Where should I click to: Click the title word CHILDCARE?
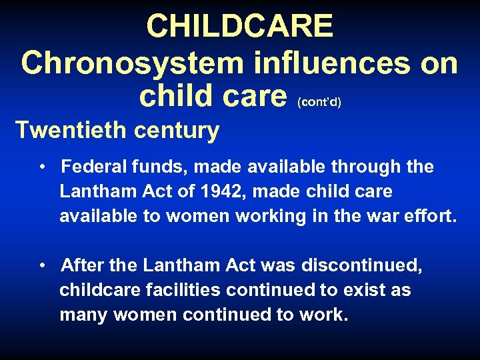click(239, 27)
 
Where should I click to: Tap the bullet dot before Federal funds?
click(42, 167)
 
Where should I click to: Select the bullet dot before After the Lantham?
click(42, 266)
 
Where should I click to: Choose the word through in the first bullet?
click(371, 167)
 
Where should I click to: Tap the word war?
click(389, 216)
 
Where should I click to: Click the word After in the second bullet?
click(81, 266)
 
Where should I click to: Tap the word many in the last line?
click(84, 315)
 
